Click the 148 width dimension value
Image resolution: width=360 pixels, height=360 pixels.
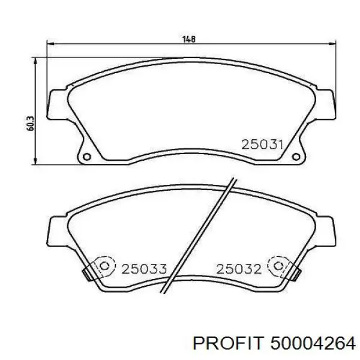tap(189, 39)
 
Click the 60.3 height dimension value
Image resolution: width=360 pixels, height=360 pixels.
tap(31, 124)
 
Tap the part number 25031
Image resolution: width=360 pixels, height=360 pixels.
tap(262, 145)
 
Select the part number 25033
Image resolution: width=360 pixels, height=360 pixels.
tap(144, 269)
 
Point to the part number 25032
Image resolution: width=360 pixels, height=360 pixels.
tap(239, 269)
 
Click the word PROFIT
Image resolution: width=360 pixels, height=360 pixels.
tap(227, 343)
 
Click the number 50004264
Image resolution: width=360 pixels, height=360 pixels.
tap(313, 343)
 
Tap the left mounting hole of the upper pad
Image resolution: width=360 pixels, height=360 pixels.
tap(87, 157)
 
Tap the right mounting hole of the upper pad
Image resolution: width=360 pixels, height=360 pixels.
tap(296, 157)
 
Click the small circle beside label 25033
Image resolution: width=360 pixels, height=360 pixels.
tap(104, 266)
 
